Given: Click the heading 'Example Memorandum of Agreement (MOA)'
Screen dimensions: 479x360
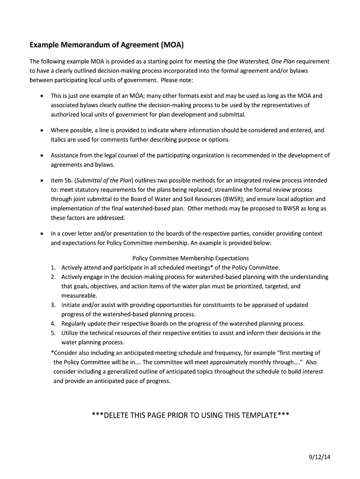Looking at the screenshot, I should [x=107, y=45].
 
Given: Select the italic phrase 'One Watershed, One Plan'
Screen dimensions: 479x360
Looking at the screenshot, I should [x=261, y=61].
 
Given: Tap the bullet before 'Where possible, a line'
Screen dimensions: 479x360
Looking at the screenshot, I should [x=42, y=131].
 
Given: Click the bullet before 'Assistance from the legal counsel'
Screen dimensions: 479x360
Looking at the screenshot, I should [x=42, y=156].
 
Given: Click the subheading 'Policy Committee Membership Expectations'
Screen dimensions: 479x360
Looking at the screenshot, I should [x=191, y=258].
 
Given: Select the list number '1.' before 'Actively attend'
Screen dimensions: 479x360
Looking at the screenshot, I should [x=54, y=268].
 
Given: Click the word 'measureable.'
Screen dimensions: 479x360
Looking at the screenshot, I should [x=79, y=296].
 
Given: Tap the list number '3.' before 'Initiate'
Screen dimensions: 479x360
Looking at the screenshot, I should [x=54, y=305].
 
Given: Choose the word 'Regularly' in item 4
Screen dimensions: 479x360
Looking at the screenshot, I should [x=75, y=324].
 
